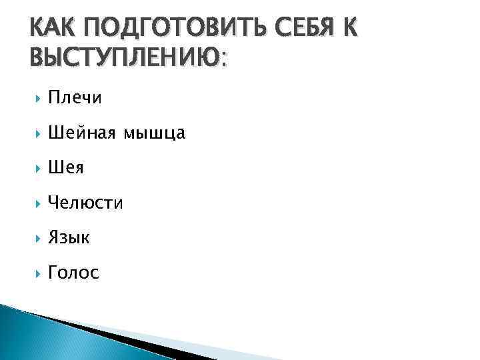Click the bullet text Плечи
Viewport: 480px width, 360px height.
[x=75, y=99]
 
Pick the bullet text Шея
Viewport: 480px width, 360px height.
[x=66, y=168]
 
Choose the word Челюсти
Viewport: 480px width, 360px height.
[x=85, y=203]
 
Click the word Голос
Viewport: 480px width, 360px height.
[x=73, y=273]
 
